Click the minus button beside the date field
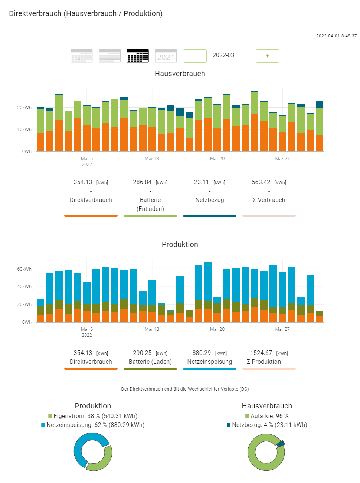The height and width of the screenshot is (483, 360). [x=194, y=56]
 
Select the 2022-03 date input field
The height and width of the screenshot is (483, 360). [x=230, y=55]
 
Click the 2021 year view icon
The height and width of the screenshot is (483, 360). [x=166, y=56]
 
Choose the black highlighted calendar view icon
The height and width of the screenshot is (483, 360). [x=138, y=56]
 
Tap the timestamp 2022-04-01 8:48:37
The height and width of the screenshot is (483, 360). [x=336, y=36]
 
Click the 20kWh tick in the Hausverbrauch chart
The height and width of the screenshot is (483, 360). [x=24, y=108]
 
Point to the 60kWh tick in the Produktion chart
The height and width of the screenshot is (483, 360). [x=24, y=269]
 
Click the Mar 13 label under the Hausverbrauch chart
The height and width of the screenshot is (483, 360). [x=152, y=159]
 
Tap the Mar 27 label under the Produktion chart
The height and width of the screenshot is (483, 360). [x=282, y=329]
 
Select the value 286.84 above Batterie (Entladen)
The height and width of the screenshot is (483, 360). [x=142, y=182]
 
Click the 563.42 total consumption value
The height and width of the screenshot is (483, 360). [x=261, y=182]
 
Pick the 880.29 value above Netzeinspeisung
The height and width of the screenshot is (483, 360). [x=202, y=353]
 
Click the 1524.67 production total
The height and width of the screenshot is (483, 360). [x=261, y=353]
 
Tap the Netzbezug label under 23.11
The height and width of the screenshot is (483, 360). [x=210, y=200]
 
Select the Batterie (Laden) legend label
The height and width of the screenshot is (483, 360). [x=150, y=362]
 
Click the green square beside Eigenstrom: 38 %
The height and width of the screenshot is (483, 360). [x=50, y=416]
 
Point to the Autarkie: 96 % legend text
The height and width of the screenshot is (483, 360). [x=269, y=416]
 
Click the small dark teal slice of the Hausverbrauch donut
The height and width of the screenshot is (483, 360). [x=281, y=443]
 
